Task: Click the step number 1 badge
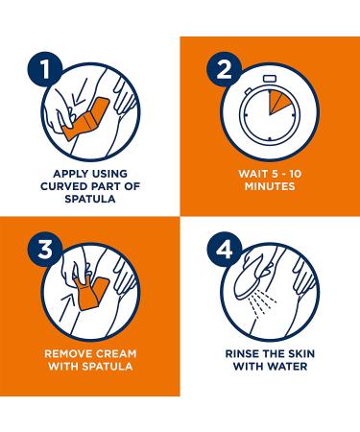(45, 69)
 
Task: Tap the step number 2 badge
(225, 69)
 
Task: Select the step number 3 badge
(45, 249)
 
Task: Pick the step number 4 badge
(225, 249)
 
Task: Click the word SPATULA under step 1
(90, 199)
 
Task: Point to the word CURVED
(63, 186)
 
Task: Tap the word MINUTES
(270, 186)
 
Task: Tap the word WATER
(288, 366)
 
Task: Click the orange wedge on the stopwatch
(277, 102)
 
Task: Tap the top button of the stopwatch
(270, 79)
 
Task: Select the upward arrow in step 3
(68, 305)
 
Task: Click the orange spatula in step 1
(85, 118)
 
